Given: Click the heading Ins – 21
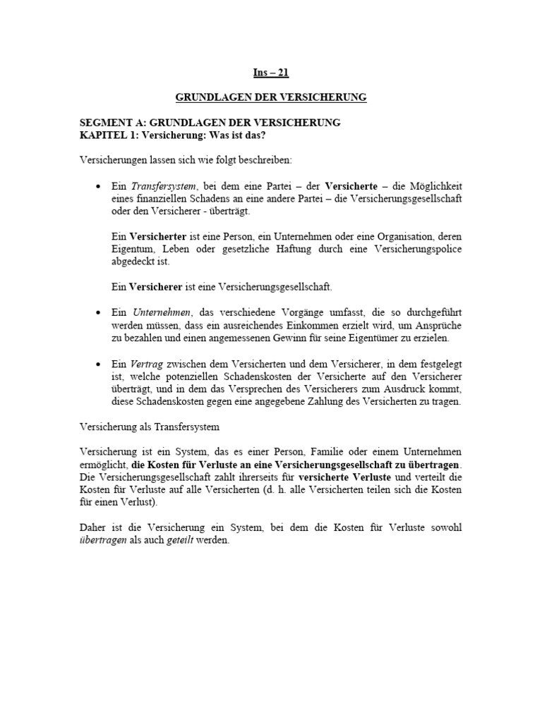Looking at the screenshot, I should tap(271, 72).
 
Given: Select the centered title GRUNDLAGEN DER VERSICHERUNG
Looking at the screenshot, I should tap(271, 97).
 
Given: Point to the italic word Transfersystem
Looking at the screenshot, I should tap(163, 186).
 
